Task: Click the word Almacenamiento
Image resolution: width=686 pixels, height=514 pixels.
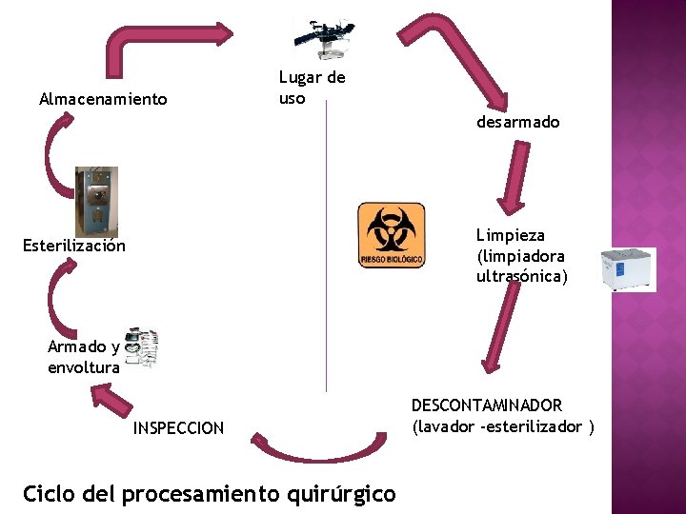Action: [103, 99]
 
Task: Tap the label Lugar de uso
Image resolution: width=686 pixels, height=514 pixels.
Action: [312, 88]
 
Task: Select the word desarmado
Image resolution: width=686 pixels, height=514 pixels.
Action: [518, 122]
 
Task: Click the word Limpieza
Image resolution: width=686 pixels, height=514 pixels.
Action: [511, 235]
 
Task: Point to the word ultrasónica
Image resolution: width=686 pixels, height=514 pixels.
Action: [521, 276]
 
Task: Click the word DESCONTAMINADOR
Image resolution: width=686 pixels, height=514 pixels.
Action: [487, 405]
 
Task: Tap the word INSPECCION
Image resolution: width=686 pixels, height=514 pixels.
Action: [179, 428]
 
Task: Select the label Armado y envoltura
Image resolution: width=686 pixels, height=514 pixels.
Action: [84, 357]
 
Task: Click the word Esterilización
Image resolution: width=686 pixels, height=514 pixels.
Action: [74, 246]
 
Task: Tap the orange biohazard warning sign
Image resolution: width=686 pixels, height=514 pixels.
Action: [391, 235]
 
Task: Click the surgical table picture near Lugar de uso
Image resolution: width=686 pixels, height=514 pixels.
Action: [321, 36]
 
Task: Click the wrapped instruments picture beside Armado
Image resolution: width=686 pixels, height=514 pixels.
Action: [142, 347]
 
